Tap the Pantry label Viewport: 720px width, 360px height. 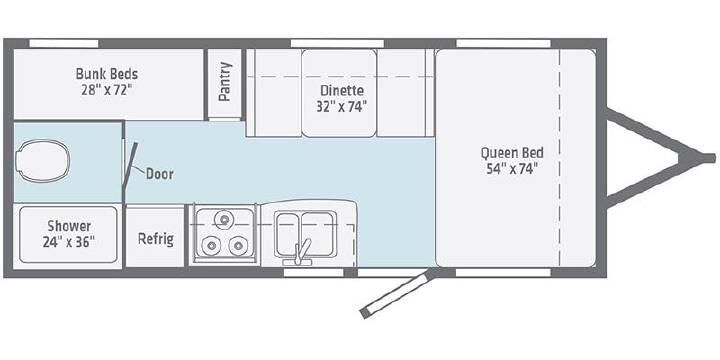225,81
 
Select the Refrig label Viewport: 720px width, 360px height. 156,239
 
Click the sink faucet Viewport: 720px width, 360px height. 299,253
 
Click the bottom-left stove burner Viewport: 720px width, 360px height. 211,246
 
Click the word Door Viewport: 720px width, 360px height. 160,174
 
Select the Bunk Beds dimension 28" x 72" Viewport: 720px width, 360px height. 107,90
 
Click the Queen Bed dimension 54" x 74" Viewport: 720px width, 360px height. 512,169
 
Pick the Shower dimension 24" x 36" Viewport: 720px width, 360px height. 69,242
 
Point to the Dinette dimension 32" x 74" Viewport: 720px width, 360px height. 341,107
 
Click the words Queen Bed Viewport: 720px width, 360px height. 512,152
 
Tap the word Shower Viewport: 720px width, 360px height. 69,226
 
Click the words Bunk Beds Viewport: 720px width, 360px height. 107,73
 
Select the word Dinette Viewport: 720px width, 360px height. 342,90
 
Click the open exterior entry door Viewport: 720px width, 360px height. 396,295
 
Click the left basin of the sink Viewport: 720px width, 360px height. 287,234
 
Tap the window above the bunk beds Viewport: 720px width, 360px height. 64,44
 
